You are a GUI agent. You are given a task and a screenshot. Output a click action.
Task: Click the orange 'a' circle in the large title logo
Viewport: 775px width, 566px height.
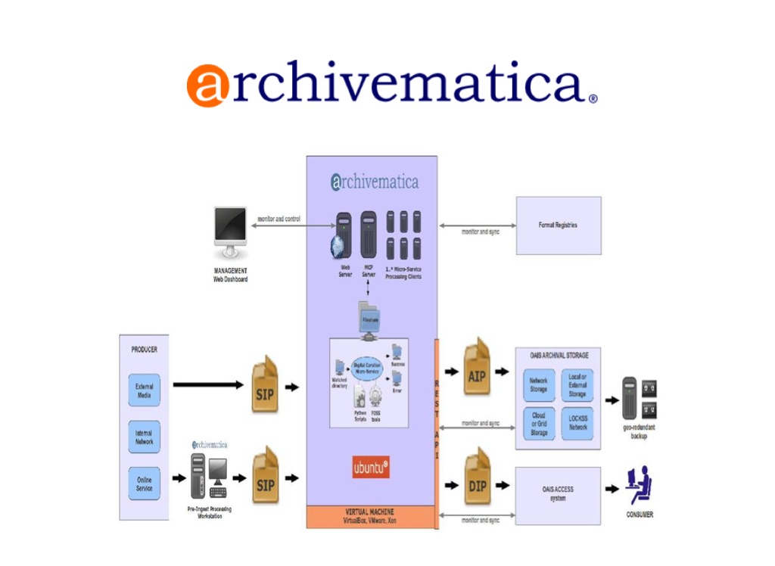pos(207,85)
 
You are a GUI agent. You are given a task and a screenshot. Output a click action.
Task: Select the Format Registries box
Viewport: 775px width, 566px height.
pos(558,225)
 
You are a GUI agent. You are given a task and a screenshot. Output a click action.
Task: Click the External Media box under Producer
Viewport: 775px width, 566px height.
pos(144,390)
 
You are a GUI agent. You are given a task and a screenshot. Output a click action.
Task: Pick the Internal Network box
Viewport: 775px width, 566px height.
pos(144,437)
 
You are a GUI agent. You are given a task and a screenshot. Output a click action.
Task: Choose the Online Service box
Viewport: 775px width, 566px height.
pos(144,484)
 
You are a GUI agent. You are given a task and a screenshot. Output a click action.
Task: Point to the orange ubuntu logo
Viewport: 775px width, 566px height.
pos(371,468)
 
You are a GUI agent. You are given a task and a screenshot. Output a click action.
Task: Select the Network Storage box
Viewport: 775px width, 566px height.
pos(539,385)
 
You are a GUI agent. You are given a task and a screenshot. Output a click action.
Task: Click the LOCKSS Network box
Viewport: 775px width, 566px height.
pos(577,423)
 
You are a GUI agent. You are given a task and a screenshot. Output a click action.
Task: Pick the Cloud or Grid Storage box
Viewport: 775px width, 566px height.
pos(539,424)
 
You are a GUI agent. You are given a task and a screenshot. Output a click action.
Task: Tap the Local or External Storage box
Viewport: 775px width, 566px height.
pos(577,385)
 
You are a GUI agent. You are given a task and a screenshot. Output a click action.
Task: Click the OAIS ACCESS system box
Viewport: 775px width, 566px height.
pos(558,493)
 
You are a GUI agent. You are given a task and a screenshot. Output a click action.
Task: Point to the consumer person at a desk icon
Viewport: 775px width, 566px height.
pos(640,486)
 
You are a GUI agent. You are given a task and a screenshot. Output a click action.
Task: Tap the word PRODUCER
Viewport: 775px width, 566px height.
pos(145,350)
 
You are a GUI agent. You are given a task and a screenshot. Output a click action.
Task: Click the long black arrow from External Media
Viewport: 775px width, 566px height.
pos(208,385)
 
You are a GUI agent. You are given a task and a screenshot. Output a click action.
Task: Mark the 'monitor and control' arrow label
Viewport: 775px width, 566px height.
pos(279,219)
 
